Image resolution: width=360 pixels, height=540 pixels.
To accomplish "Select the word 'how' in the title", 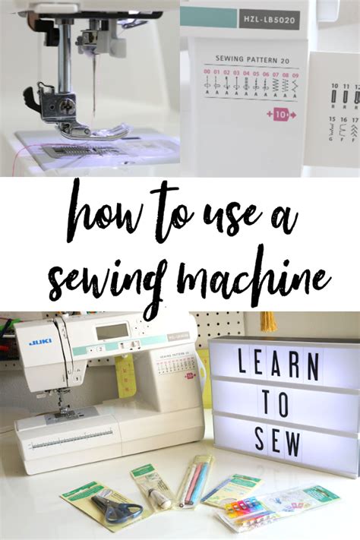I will [98, 216].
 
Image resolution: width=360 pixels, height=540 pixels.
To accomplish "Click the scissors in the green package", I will [114, 507].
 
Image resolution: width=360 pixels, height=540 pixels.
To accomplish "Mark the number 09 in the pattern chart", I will [295, 74].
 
